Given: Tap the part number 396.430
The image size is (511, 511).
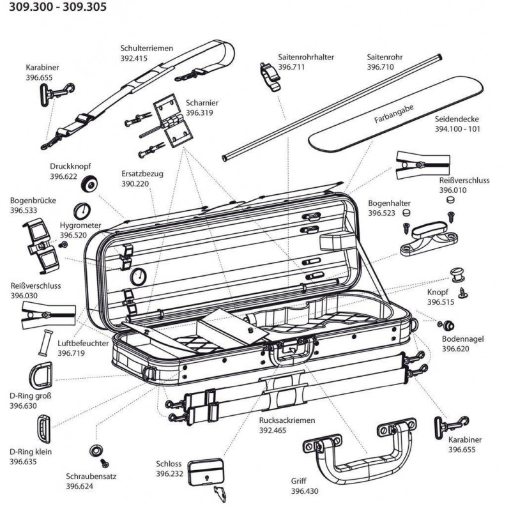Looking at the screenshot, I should pyautogui.click(x=304, y=491).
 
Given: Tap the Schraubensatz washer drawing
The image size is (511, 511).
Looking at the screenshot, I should pyautogui.click(x=97, y=450).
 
